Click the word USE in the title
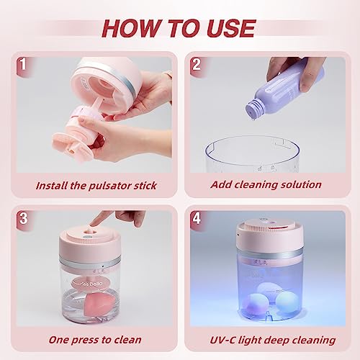point(230,27)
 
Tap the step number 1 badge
point(23,63)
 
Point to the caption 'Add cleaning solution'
point(266,185)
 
